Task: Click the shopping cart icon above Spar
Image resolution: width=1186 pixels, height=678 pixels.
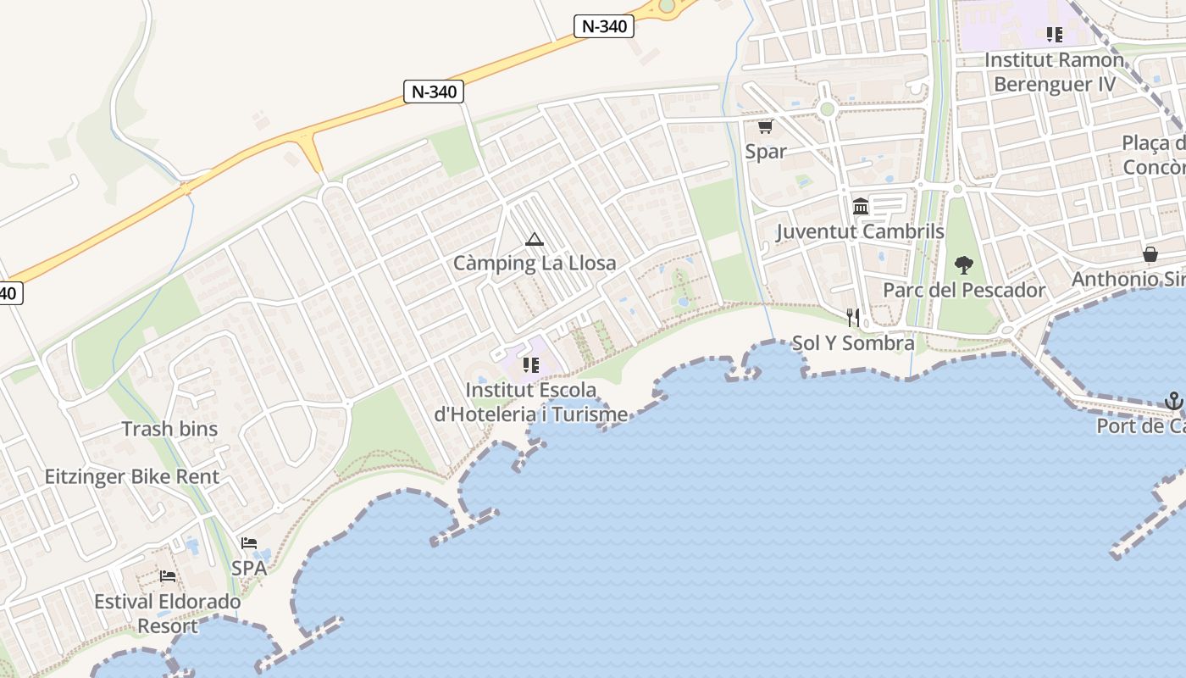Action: [765, 127]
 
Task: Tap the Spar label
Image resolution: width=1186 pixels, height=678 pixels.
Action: [766, 152]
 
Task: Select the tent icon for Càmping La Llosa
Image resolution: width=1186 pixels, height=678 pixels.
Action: [534, 239]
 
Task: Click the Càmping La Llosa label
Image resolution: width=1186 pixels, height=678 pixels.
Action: [535, 264]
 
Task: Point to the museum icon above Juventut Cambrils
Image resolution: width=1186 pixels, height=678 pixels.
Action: [861, 206]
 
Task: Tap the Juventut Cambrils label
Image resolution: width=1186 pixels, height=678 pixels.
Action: [860, 231]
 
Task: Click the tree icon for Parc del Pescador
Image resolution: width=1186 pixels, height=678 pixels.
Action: [964, 265]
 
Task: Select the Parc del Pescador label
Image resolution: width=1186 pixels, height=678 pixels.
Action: [964, 291]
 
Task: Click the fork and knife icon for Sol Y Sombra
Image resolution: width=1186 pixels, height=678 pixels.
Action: [853, 318]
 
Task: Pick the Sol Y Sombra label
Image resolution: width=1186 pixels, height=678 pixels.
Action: [853, 343]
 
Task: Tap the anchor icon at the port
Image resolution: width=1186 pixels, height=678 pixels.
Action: [1173, 400]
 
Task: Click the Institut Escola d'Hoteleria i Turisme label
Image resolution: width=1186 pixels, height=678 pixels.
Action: [531, 403]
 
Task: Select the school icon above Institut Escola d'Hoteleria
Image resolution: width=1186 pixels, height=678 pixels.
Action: [531, 365]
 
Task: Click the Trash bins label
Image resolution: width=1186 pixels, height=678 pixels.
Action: [169, 429]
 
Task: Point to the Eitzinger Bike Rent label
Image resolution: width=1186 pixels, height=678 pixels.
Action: [132, 476]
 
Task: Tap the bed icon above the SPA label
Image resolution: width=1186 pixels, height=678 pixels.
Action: [249, 543]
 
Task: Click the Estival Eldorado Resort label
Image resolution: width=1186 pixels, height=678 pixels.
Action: [168, 614]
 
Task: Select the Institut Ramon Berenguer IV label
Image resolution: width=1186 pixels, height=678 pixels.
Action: [1055, 72]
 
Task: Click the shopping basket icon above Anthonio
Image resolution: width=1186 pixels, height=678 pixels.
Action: [1150, 254]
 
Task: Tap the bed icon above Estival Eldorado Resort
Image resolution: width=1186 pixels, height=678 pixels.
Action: [168, 577]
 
